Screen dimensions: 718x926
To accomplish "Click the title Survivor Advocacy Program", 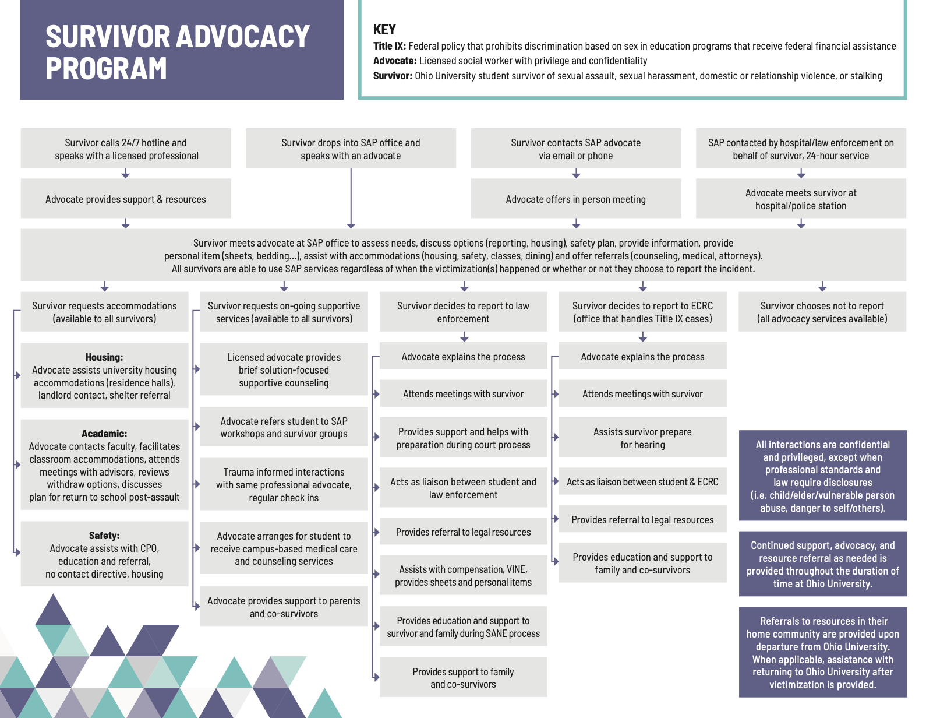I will [177, 52].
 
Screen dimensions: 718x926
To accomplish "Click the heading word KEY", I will [384, 30].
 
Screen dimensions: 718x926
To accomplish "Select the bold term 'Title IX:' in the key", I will [389, 46].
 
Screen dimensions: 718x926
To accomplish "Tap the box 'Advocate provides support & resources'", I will [126, 199].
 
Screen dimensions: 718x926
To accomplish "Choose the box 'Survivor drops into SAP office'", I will [351, 149].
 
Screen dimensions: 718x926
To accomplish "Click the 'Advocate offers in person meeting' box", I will [575, 199].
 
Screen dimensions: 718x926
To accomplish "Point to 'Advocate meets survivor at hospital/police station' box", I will [801, 199].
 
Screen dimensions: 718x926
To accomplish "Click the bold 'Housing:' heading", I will [104, 357].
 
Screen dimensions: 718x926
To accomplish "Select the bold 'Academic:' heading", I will [104, 434].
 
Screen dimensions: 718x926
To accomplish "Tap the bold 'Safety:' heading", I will [104, 536].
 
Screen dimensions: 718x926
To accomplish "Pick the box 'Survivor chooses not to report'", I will [822, 312].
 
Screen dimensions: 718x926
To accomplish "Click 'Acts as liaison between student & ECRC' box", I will [642, 482].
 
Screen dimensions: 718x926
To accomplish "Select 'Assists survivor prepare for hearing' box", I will [642, 438].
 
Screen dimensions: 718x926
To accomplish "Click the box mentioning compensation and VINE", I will [463, 576].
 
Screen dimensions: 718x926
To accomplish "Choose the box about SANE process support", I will [463, 627].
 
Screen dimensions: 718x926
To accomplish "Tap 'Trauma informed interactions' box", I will [284, 485].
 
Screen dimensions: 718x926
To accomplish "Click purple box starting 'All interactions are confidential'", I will [822, 476].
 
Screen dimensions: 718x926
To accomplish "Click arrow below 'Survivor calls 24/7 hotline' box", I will [125, 174].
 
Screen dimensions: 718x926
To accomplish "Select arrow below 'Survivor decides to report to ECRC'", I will [642, 337].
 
